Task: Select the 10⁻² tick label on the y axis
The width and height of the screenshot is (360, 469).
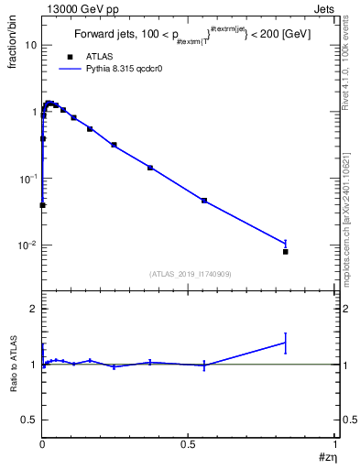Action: point(27,245)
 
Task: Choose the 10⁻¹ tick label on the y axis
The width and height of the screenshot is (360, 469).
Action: point(27,178)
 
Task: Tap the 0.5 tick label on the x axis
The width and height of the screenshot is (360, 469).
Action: point(188,444)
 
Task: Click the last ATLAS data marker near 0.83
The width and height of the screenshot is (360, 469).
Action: point(286,251)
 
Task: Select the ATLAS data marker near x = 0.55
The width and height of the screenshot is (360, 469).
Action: point(204,200)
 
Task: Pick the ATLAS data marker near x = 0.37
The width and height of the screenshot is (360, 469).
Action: point(150,168)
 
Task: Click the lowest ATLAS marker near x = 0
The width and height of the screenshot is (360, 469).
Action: point(42,205)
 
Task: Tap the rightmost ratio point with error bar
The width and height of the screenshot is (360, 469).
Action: point(286,343)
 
